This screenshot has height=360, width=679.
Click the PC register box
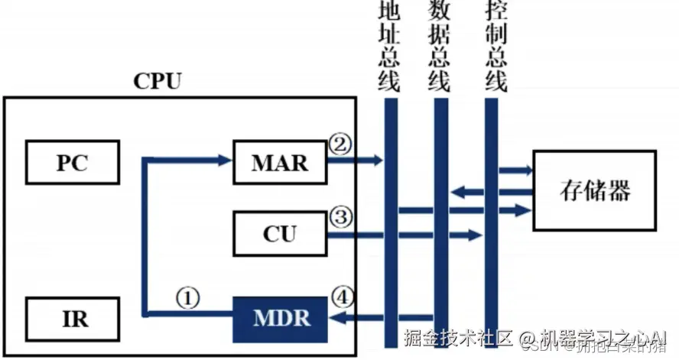point(72,163)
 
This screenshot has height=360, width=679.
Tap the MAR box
point(279,163)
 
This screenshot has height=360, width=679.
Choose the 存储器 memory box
point(595,190)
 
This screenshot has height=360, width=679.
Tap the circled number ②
point(339,142)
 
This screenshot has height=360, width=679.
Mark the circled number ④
point(340,295)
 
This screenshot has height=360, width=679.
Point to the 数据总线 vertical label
point(439,46)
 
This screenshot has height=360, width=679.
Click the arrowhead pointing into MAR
point(224,160)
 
